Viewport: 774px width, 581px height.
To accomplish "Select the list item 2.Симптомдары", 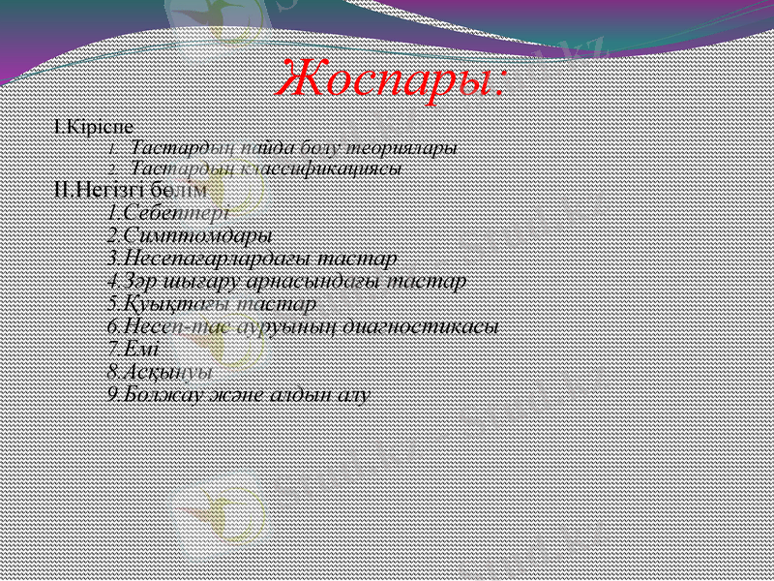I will click(190, 235).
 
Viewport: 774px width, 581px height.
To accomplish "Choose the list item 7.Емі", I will click(134, 349).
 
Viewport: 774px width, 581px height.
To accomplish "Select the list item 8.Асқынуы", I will click(161, 371).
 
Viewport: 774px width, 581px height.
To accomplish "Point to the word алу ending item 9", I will click(355, 394).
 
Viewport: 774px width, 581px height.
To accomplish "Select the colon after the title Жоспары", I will click(499, 85).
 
